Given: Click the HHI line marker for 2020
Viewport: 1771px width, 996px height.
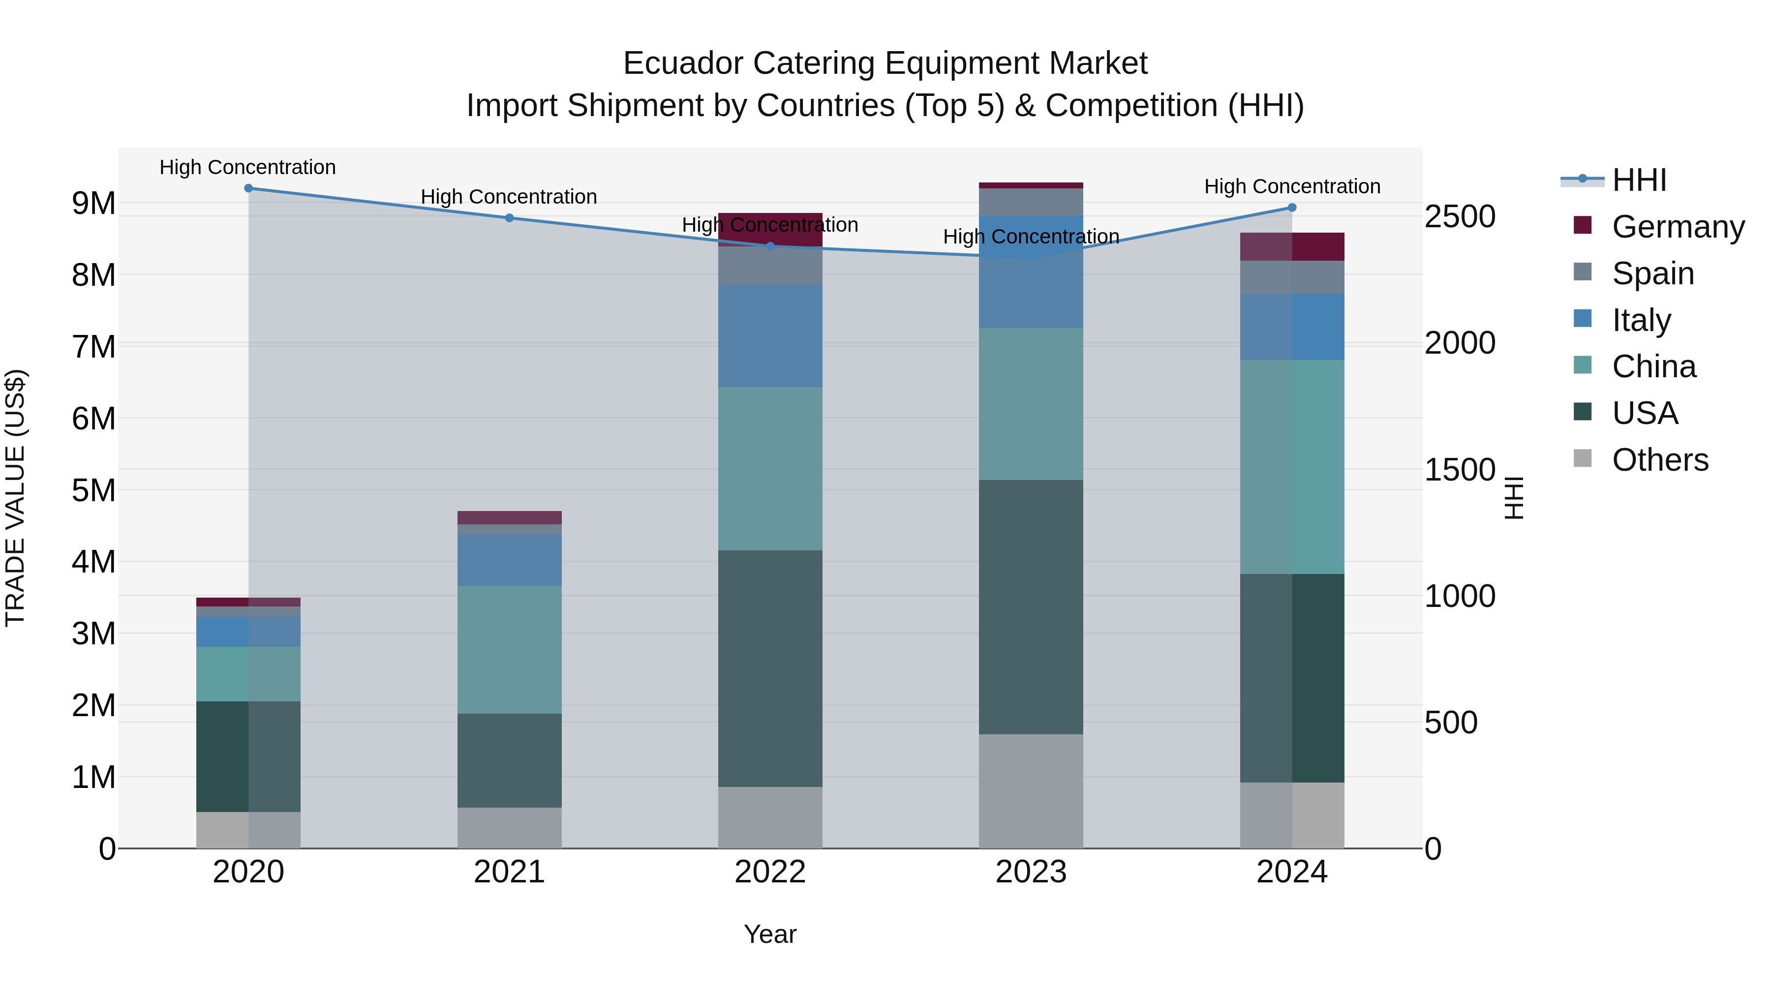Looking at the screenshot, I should click(x=248, y=188).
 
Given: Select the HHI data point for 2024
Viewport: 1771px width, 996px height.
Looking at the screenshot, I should click(x=1292, y=208).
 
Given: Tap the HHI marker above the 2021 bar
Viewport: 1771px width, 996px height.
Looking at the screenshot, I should click(x=510, y=218).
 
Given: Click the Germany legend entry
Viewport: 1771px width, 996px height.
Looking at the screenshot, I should click(x=1678, y=226).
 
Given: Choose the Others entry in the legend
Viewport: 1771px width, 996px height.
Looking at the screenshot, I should click(x=1660, y=459).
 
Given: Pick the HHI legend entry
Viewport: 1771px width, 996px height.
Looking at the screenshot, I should click(x=1639, y=180).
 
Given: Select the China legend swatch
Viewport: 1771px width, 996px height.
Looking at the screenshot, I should click(x=1583, y=365).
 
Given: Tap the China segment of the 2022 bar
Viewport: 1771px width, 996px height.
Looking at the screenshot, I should click(x=770, y=468).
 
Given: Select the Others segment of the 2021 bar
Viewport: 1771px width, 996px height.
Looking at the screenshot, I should click(x=510, y=828).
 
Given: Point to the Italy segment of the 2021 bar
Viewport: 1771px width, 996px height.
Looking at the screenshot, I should click(x=510, y=560).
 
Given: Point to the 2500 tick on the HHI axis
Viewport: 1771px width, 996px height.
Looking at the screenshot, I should click(x=1460, y=216).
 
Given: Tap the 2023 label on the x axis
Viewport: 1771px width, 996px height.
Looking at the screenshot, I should click(x=1031, y=872).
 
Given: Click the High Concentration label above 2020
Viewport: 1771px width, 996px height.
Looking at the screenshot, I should click(x=247, y=167).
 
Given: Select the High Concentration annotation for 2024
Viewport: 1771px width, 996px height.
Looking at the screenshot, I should click(x=1292, y=186).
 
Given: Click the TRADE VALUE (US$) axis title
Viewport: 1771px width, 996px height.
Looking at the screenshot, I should click(x=15, y=498).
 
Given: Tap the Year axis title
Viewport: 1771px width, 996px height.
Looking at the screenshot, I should click(x=770, y=934).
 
